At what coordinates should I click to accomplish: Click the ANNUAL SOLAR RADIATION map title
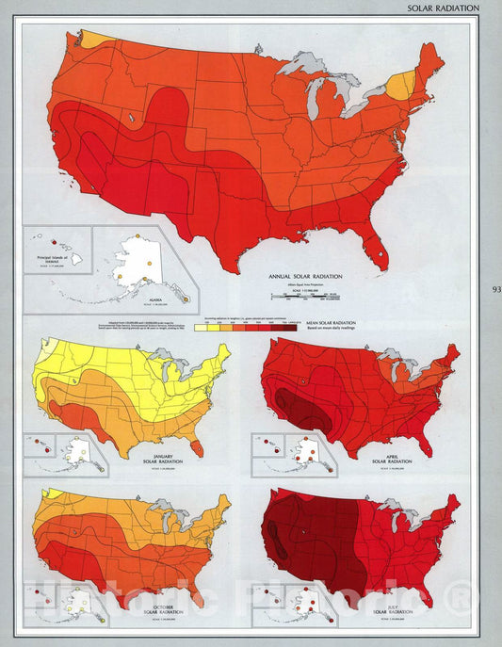(x=303, y=275)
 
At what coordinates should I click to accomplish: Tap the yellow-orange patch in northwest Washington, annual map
(x=92, y=40)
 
